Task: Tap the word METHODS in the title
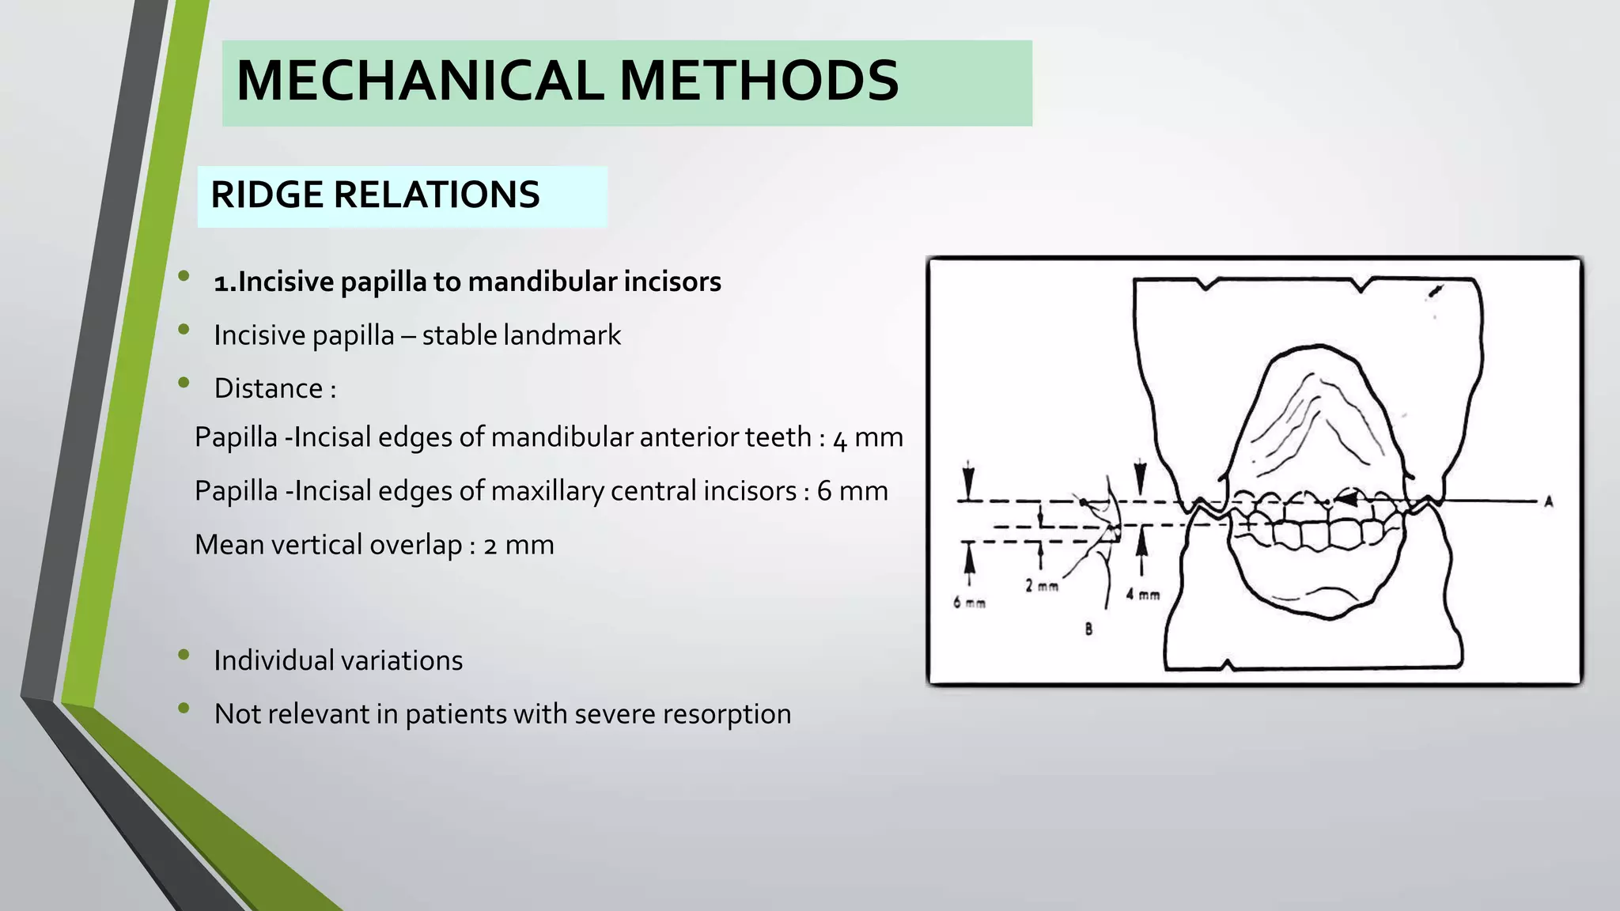coord(759,81)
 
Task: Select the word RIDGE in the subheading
coord(267,195)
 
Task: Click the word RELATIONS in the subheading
coord(437,195)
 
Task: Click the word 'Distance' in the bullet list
coord(268,389)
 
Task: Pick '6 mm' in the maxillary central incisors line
coord(852,491)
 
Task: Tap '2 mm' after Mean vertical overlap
coord(518,545)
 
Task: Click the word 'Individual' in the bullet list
coord(272,660)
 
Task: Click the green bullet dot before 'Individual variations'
coord(184,654)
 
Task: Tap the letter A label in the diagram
coord(1548,501)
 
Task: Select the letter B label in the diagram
coord(1088,629)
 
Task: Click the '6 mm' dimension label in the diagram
coord(969,603)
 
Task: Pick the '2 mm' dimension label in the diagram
coord(1041,586)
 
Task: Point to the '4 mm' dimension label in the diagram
coord(1142,594)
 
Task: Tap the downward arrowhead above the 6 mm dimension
coord(968,482)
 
